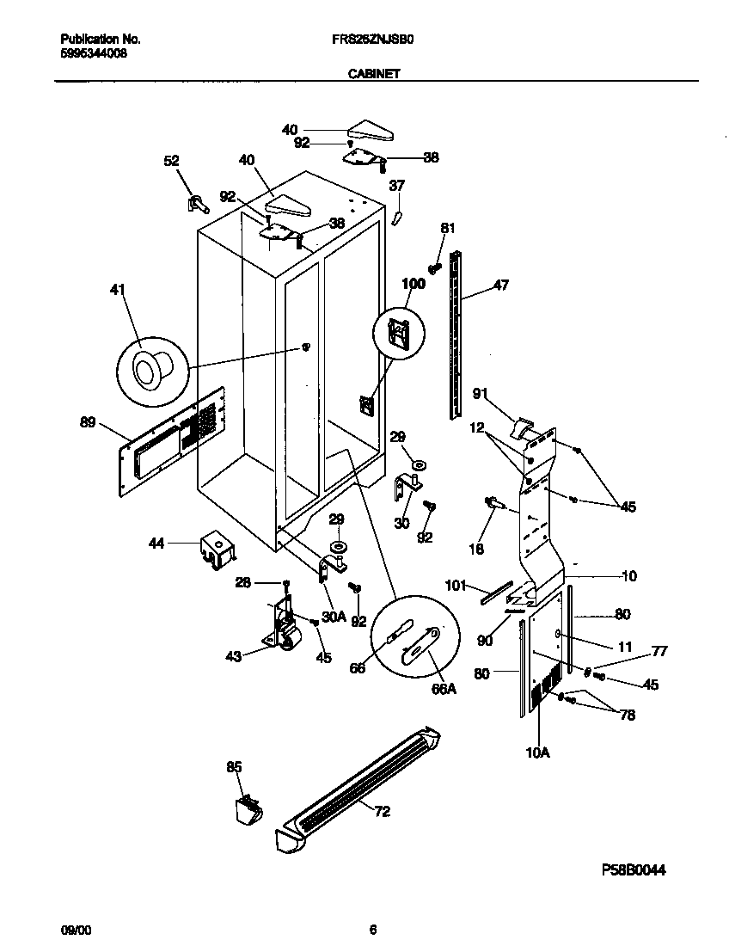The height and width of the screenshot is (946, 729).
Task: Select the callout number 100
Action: click(414, 283)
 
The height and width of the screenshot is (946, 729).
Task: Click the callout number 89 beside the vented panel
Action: click(87, 422)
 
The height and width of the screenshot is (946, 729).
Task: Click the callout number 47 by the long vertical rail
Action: click(500, 285)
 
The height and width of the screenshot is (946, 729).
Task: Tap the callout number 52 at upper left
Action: click(172, 160)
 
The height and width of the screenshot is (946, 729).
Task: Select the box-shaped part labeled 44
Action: click(215, 548)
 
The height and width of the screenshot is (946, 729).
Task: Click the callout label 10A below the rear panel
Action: click(537, 752)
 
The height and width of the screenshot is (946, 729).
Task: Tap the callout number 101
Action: click(456, 586)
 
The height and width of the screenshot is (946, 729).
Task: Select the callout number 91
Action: click(481, 395)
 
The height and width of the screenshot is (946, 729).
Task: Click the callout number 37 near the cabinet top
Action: click(396, 185)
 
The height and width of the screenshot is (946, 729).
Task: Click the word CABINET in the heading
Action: click(374, 75)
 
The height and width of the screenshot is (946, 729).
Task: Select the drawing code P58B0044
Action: click(634, 870)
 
